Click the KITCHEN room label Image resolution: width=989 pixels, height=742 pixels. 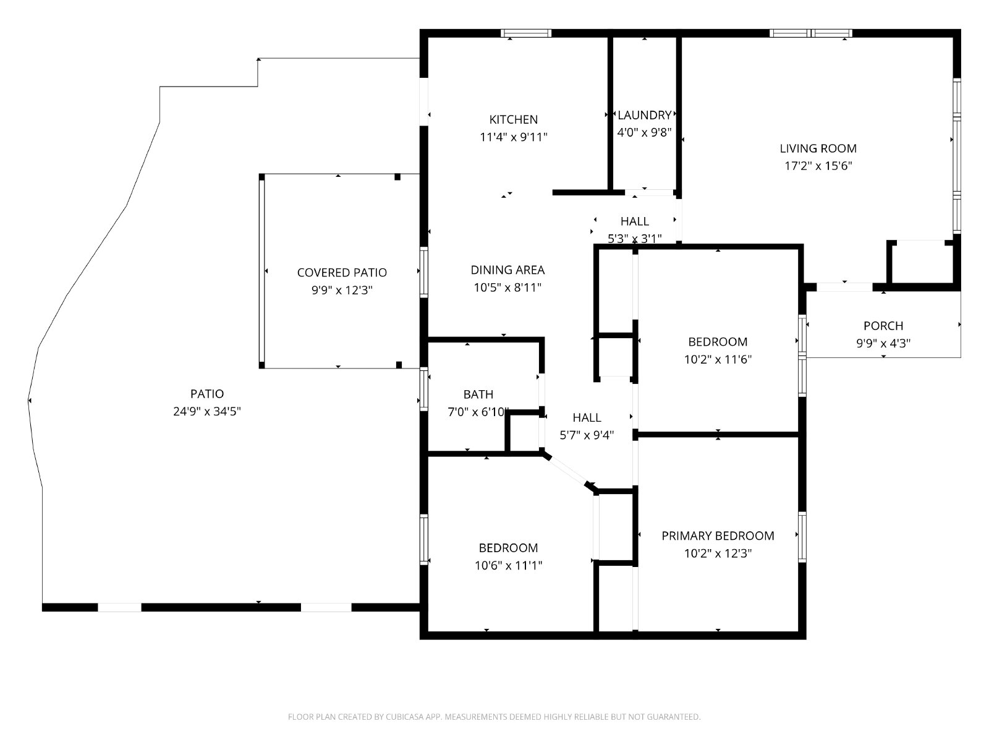pyautogui.click(x=513, y=119)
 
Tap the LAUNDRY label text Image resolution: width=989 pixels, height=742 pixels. pyautogui.click(x=644, y=116)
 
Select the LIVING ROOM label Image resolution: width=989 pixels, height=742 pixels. pyautogui.click(x=818, y=148)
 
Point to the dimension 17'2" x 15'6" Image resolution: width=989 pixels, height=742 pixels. pyautogui.click(x=818, y=166)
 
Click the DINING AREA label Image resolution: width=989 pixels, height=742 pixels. pyautogui.click(x=507, y=270)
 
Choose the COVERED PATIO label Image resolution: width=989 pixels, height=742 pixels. pyautogui.click(x=342, y=273)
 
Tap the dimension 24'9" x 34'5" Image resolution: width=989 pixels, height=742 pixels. pyautogui.click(x=207, y=411)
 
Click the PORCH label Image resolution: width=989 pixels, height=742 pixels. pyautogui.click(x=883, y=326)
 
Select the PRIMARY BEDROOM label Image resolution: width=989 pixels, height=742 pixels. pyautogui.click(x=718, y=535)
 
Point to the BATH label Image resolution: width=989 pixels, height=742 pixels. pyautogui.click(x=478, y=394)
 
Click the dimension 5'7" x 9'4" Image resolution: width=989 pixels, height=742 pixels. pyautogui.click(x=587, y=435)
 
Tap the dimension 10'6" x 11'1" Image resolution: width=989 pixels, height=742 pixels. pyautogui.click(x=508, y=565)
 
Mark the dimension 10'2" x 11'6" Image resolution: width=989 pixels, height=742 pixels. pyautogui.click(x=718, y=359)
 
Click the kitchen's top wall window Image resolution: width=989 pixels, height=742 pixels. pyautogui.click(x=526, y=33)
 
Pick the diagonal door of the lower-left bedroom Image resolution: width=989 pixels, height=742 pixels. pyautogui.click(x=567, y=471)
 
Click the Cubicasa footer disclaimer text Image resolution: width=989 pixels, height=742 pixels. pyautogui.click(x=494, y=717)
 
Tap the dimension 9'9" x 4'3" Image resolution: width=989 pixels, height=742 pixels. pyautogui.click(x=883, y=343)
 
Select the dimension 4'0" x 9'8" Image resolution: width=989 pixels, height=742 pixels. pyautogui.click(x=644, y=132)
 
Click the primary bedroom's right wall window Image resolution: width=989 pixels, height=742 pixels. pyautogui.click(x=802, y=537)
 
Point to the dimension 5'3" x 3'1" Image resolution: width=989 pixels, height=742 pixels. pyautogui.click(x=634, y=238)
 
